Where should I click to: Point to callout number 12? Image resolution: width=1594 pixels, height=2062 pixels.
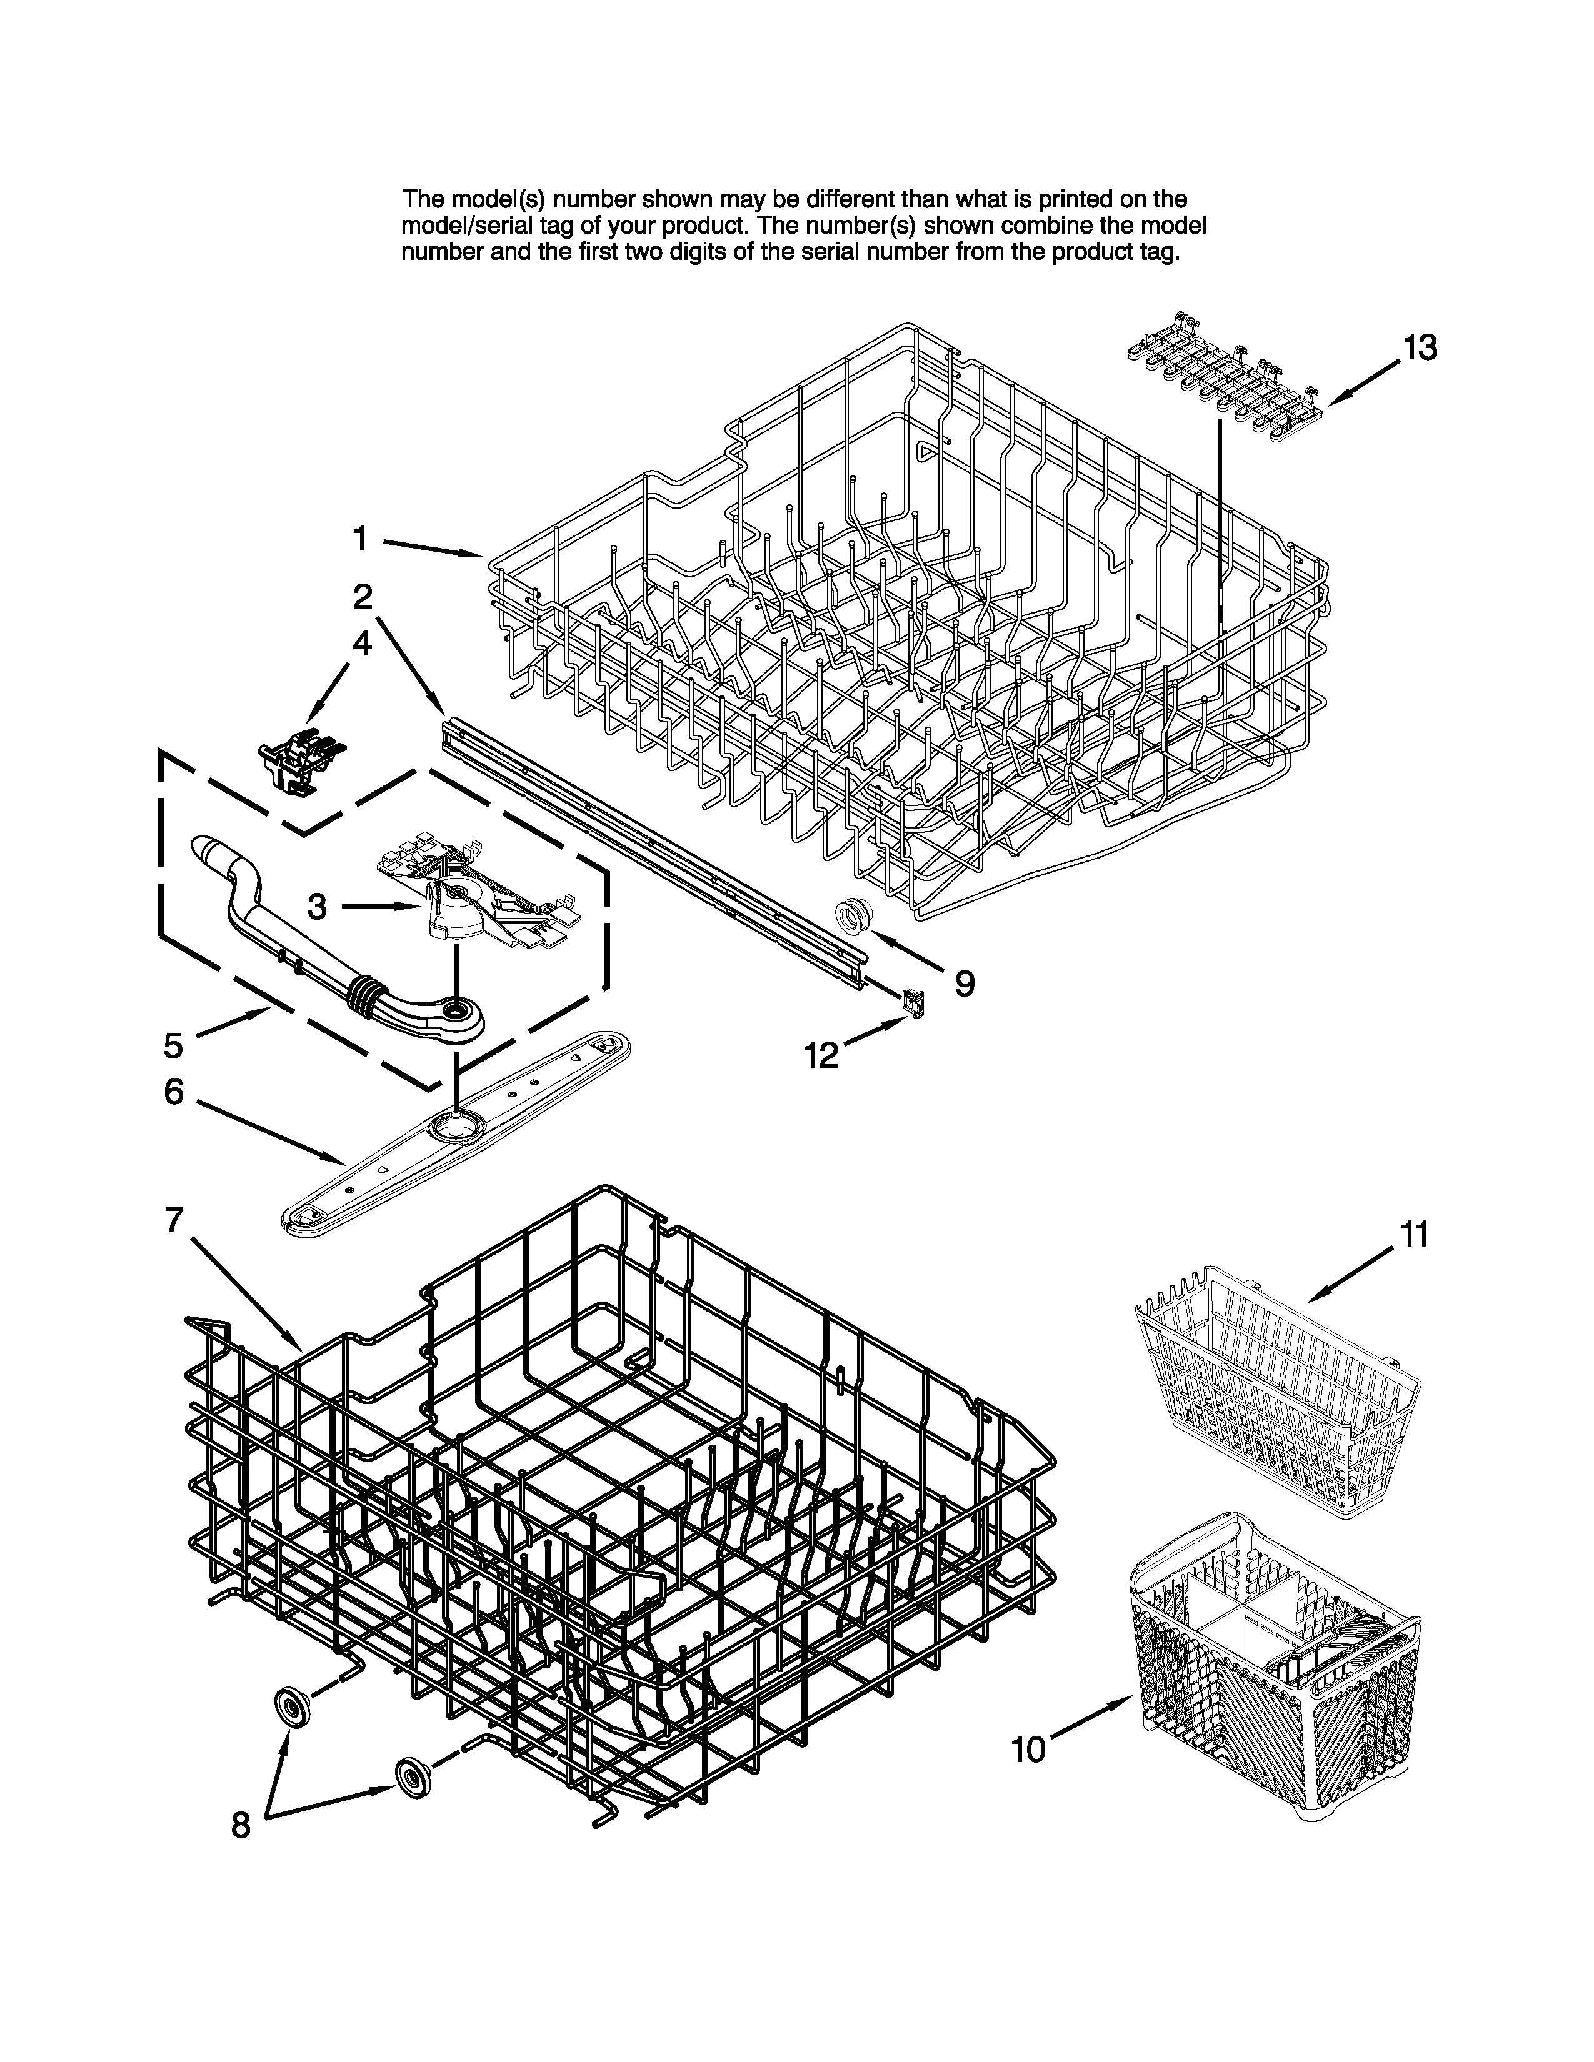pyautogui.click(x=821, y=1055)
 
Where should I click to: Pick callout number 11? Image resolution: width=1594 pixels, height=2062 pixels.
pyautogui.click(x=1413, y=1234)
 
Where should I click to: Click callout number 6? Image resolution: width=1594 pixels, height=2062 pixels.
pyautogui.click(x=174, y=1092)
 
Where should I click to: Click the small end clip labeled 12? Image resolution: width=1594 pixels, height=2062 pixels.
pyautogui.click(x=913, y=1001)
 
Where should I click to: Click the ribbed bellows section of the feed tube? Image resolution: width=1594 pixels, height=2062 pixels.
pyautogui.click(x=366, y=996)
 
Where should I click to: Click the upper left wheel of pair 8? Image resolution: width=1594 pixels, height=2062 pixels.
pyautogui.click(x=291, y=1706)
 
